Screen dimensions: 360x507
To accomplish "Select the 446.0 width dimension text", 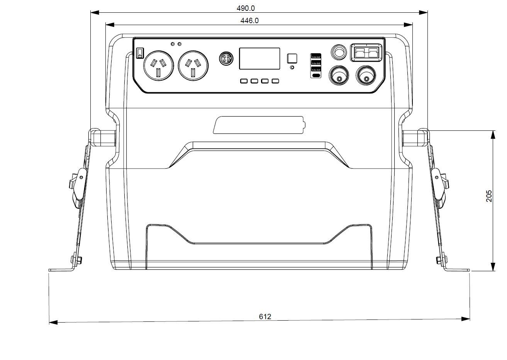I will pos(249,20).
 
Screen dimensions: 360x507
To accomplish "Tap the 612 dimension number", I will pos(265,316).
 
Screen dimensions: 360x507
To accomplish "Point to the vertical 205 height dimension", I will pos(489,196).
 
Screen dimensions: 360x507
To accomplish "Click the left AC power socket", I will pos(158,66).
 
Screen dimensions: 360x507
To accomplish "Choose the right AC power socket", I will pos(193,66).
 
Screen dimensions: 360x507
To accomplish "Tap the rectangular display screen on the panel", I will pos(259,59).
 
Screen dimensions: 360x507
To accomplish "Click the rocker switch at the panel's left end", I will pos(140,52).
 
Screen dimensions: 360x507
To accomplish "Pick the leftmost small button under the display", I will pos(244,81).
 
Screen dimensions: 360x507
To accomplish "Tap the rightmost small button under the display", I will pos(275,81).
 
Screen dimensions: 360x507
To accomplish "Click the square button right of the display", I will pos(292,58).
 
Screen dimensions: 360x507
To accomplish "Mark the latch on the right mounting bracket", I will pos(439,183).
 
